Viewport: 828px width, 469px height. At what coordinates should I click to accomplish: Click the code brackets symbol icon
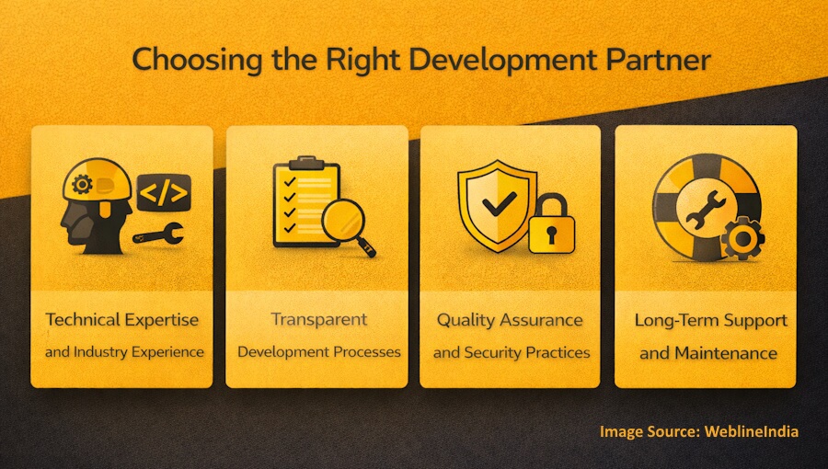pos(163,193)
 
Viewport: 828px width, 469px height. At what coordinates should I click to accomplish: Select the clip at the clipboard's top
pos(306,163)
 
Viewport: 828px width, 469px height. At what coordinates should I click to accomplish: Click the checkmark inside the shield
pos(498,203)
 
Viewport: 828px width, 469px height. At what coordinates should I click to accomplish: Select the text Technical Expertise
pos(121,320)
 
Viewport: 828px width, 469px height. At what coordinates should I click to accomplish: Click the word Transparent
pos(318,320)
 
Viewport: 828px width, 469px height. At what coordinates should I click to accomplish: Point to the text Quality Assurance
pos(510,320)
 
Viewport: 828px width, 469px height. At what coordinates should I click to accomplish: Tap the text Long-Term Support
pos(710,321)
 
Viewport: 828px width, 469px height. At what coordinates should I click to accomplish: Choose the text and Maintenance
pos(708,353)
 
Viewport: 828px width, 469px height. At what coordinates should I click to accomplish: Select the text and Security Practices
pos(512,352)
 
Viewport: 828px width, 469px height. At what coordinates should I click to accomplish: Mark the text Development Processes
pos(318,352)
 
